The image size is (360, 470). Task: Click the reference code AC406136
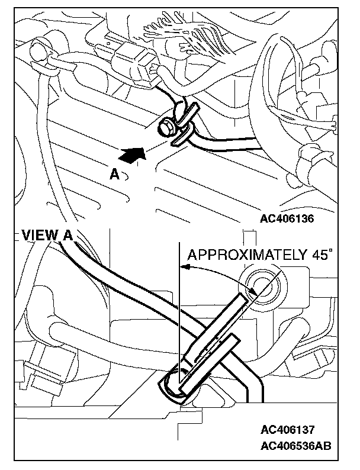pos(287,218)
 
